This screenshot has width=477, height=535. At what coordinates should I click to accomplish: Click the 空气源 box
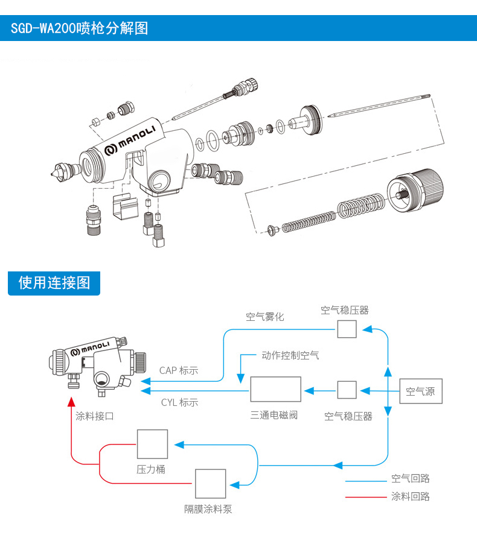[421, 391]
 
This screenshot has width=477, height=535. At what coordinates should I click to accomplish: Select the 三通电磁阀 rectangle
[275, 389]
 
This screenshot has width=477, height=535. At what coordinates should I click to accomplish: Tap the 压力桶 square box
[152, 445]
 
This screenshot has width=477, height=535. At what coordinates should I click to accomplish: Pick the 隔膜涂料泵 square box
[210, 484]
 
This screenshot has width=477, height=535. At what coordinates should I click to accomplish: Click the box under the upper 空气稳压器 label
[347, 329]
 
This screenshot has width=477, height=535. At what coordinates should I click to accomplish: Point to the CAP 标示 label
[179, 370]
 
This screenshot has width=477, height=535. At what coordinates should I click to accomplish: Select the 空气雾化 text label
[264, 316]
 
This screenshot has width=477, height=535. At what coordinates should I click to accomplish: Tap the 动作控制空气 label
[290, 355]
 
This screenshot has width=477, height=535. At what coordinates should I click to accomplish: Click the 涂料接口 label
[95, 416]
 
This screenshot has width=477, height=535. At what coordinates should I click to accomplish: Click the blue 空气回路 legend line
[365, 481]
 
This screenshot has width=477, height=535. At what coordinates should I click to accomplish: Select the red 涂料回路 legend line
[365, 498]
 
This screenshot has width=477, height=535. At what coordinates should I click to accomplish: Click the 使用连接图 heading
[54, 282]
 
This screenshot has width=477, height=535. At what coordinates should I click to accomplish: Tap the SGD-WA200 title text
[79, 28]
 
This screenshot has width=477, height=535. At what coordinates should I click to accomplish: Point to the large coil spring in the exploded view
[361, 207]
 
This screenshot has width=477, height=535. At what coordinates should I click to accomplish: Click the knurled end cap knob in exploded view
[416, 189]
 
